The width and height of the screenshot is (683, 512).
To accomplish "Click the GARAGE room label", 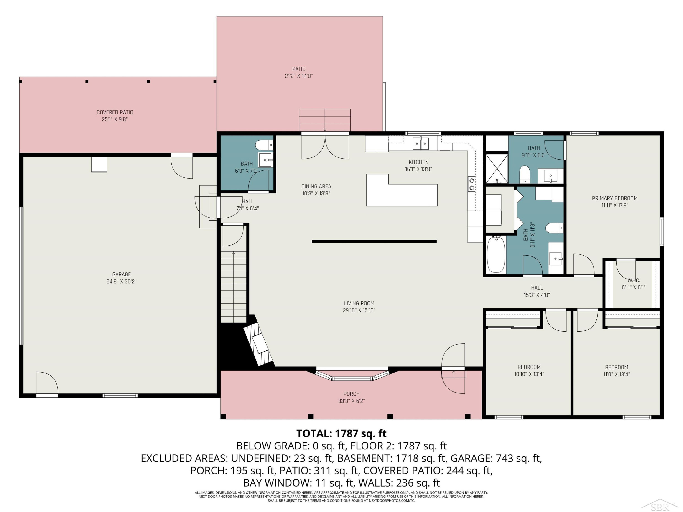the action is point(121,274).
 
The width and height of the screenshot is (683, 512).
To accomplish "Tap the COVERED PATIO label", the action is point(115,112).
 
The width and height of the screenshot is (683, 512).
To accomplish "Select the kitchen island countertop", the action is point(402,190).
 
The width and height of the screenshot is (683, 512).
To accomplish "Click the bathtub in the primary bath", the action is point(496,254).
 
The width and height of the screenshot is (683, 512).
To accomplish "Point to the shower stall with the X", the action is point(497,169).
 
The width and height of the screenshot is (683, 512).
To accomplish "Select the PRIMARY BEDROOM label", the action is point(615,198).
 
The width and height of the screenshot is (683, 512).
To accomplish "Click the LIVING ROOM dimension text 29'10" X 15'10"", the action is point(359,310).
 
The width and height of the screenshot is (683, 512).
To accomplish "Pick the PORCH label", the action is point(351,394).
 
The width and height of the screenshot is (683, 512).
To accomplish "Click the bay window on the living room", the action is point(352,375).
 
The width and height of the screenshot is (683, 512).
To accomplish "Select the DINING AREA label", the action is point(316,186).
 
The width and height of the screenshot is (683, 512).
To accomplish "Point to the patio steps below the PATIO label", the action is point(324,120).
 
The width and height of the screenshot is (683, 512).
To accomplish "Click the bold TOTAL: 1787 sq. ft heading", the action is point(341,433).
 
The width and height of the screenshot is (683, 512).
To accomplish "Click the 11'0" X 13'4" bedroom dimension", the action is point(617,374).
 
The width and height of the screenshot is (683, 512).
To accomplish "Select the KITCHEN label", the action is point(418,162).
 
